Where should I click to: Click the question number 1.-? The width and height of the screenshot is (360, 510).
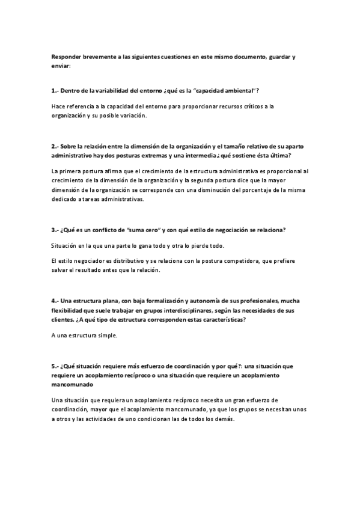(55, 90)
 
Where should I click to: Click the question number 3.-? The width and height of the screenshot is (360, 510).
(55, 229)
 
